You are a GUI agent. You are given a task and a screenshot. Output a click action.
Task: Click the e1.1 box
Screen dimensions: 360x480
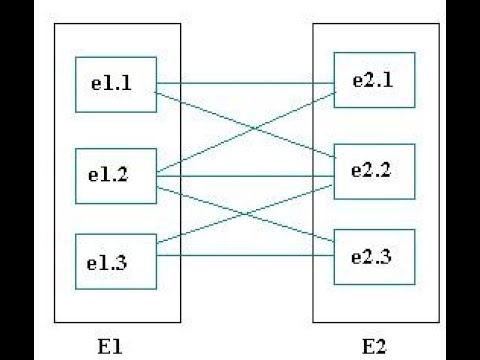pyautogui.click(x=115, y=85)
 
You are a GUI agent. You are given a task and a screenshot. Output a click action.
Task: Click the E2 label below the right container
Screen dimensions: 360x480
pyautogui.click(x=372, y=346)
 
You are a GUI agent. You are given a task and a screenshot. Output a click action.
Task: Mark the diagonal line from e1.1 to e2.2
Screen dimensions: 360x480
pyautogui.click(x=200, y=109)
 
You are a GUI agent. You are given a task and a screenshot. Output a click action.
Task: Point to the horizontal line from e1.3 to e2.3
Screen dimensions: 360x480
pyautogui.click(x=245, y=257)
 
